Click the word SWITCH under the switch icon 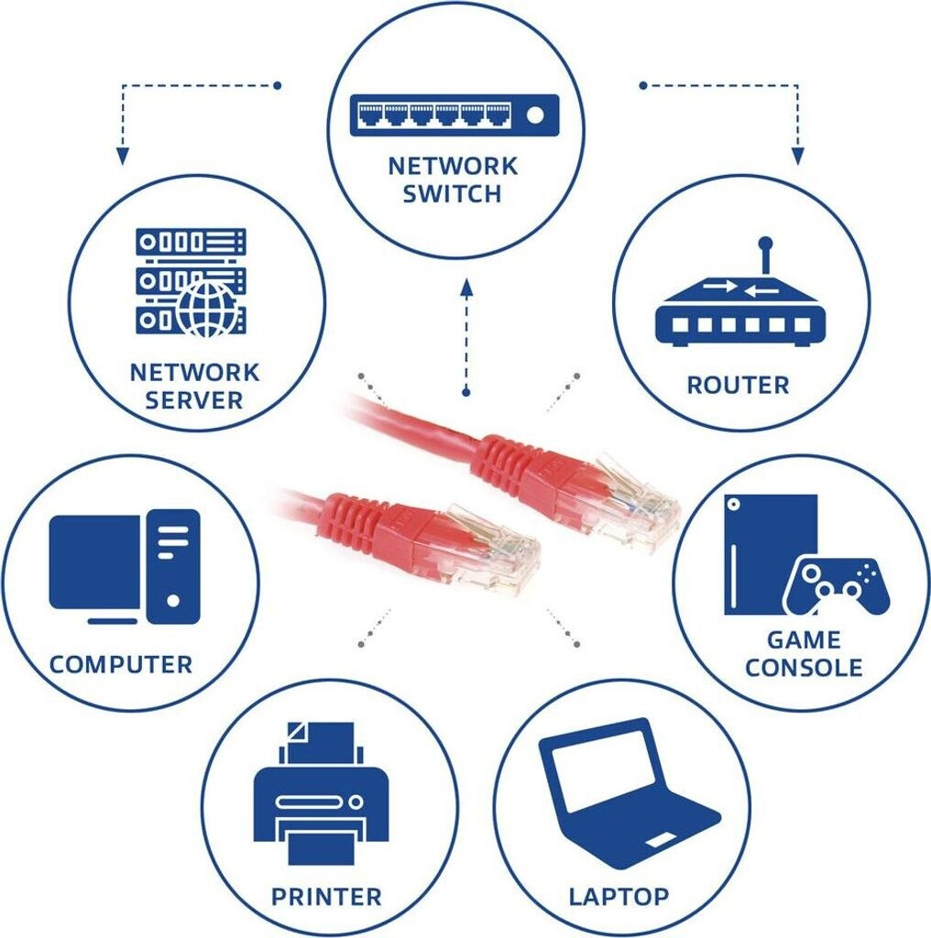pos(453,194)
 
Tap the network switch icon pos(454,115)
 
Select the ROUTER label pos(738,385)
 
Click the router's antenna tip pos(766,245)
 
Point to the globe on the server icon pos(207,310)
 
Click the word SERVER pos(194,400)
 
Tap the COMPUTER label pos(121,664)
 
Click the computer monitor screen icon pos(94,562)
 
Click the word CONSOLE pos(804,667)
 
